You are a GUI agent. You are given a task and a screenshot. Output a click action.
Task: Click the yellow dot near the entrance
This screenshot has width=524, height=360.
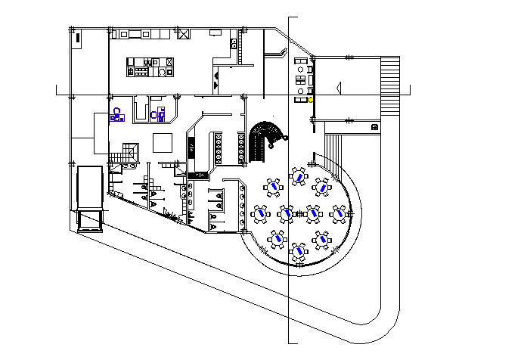[x=310, y=99]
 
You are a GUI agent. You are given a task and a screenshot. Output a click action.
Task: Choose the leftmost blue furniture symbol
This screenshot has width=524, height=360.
[x=116, y=114]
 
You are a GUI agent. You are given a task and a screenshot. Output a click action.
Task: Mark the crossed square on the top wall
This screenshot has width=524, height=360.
[x=184, y=34]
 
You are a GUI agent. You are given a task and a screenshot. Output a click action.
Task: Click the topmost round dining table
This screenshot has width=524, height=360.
[x=299, y=177]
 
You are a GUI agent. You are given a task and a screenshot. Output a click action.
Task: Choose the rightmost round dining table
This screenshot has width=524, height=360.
[x=338, y=213]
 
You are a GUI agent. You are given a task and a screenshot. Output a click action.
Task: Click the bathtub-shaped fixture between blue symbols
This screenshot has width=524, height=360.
[x=140, y=110]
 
